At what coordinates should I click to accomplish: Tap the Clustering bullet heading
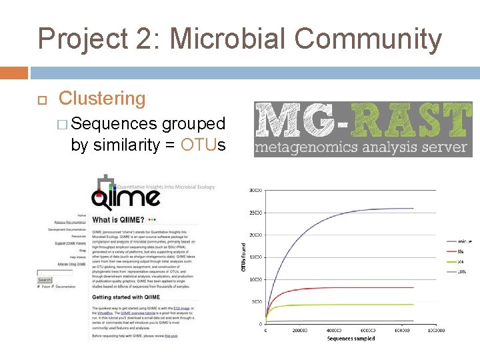pos(102,99)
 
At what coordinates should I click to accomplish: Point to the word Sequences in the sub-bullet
pos(113,124)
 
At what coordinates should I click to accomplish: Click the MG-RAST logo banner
pos(363,129)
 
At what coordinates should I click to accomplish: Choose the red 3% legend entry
pos(460,251)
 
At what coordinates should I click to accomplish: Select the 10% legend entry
pos(461,272)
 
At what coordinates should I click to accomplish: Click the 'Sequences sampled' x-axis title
pos(351,339)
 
